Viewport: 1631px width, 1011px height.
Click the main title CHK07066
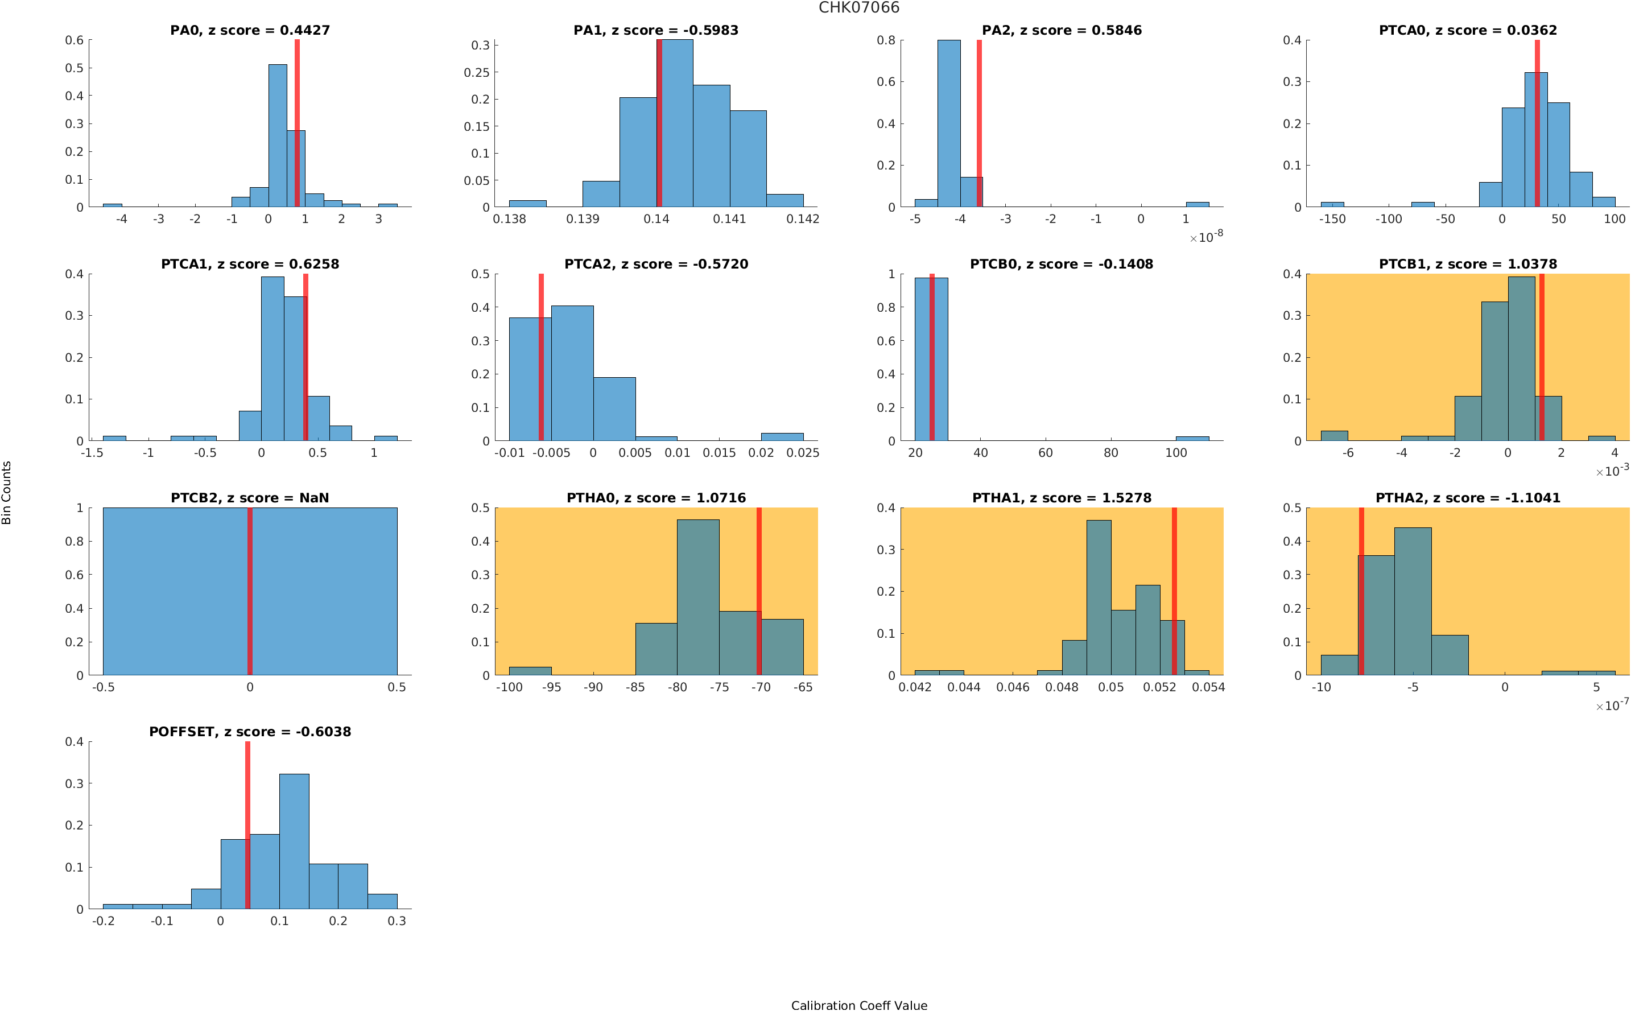[x=858, y=8]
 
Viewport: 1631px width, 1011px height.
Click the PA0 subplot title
[x=249, y=30]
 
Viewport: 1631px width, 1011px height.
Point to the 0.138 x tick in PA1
[x=509, y=219]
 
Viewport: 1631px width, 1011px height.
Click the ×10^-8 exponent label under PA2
[x=1206, y=237]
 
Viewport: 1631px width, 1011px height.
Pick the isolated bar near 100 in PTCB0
[x=1192, y=439]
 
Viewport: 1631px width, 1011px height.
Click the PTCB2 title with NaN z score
[x=249, y=498]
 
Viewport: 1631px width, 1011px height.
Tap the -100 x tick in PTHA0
[x=509, y=687]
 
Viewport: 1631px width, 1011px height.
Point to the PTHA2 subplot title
[x=1467, y=498]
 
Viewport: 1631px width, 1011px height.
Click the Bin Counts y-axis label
[x=7, y=492]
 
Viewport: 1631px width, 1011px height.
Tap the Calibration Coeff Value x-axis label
[x=858, y=1005]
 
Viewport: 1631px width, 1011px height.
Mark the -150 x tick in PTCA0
[x=1332, y=219]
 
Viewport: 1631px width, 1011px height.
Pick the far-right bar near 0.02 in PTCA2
[x=782, y=436]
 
